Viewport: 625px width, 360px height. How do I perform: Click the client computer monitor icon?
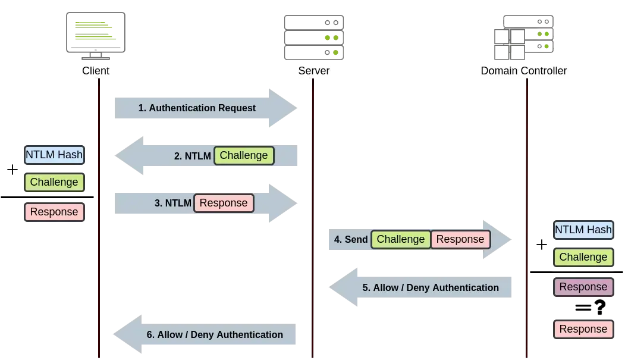click(x=96, y=36)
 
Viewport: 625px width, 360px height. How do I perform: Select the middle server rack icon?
click(x=314, y=37)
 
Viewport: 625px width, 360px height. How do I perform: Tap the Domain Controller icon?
click(x=524, y=37)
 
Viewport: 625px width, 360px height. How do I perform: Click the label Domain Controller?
click(x=523, y=71)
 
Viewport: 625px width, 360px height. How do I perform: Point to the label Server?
click(x=314, y=71)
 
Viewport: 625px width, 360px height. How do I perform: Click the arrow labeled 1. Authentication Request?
click(x=206, y=108)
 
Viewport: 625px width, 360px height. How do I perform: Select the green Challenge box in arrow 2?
click(x=244, y=155)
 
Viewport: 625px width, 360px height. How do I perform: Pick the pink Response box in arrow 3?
click(x=224, y=203)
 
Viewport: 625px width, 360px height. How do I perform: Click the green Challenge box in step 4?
click(x=401, y=239)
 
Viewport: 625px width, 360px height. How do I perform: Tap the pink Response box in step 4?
click(x=460, y=239)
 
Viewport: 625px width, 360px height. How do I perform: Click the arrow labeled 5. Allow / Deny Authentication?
click(x=420, y=287)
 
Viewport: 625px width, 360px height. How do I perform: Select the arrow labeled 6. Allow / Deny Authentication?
click(x=205, y=334)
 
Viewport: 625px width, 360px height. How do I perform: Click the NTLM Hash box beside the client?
click(x=54, y=155)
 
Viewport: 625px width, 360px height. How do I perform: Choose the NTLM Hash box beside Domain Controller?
click(x=583, y=230)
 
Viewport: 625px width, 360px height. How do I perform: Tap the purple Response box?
click(x=583, y=287)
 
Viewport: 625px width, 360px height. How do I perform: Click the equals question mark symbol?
click(x=591, y=308)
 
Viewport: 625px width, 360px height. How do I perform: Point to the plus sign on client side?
click(x=12, y=170)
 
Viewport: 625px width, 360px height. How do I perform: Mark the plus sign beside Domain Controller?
click(x=541, y=245)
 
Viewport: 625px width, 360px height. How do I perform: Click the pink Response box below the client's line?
click(x=54, y=212)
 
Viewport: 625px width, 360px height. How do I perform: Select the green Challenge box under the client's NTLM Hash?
click(x=54, y=182)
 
